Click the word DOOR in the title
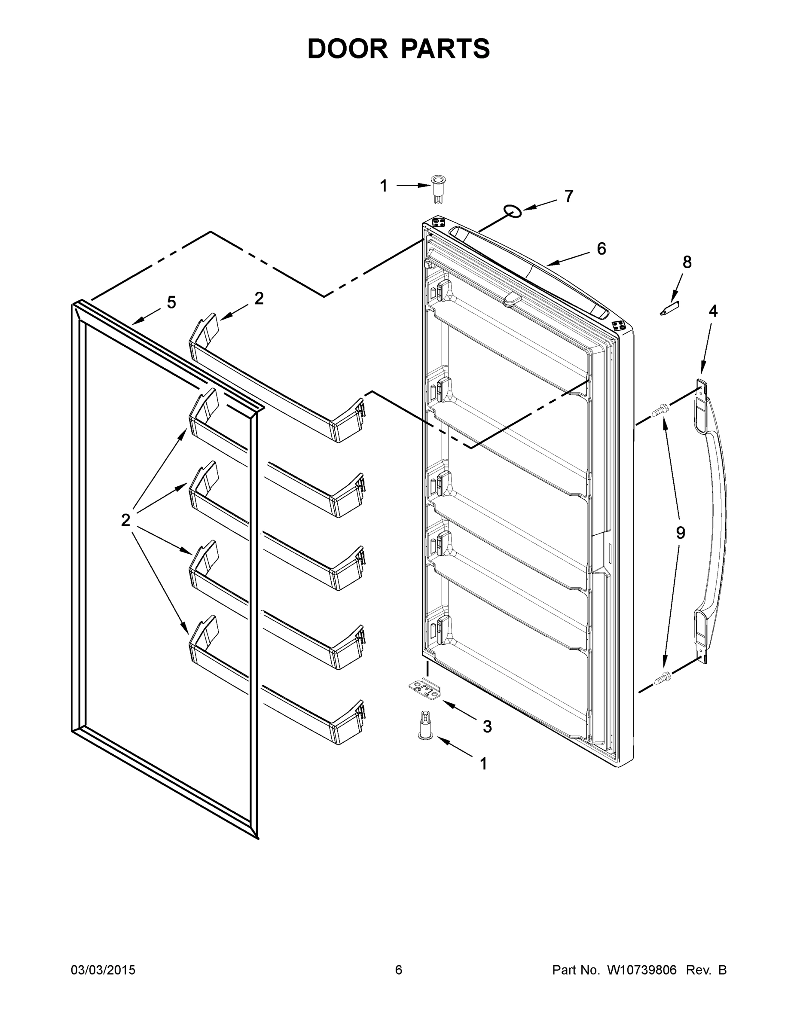click(348, 49)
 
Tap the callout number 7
click(569, 196)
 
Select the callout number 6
click(601, 248)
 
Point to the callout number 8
click(687, 262)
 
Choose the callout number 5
click(171, 302)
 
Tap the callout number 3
click(487, 726)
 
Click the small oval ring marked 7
click(513, 210)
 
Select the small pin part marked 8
click(669, 308)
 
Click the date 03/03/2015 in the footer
click(103, 970)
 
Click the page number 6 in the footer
click(399, 970)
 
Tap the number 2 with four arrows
click(125, 520)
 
